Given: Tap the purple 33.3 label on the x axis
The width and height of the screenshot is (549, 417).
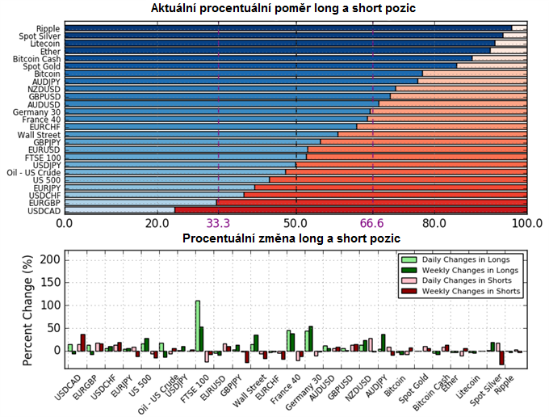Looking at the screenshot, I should click(219, 223).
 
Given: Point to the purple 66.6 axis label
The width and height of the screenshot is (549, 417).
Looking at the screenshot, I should click(373, 223).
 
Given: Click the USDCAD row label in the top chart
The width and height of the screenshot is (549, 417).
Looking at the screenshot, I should click(44, 210).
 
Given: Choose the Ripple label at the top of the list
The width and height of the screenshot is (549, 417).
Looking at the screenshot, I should click(48, 28).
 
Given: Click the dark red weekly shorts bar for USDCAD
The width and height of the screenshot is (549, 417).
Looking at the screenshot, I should click(82, 343).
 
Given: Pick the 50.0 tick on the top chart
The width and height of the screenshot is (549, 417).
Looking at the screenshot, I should click(295, 223).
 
